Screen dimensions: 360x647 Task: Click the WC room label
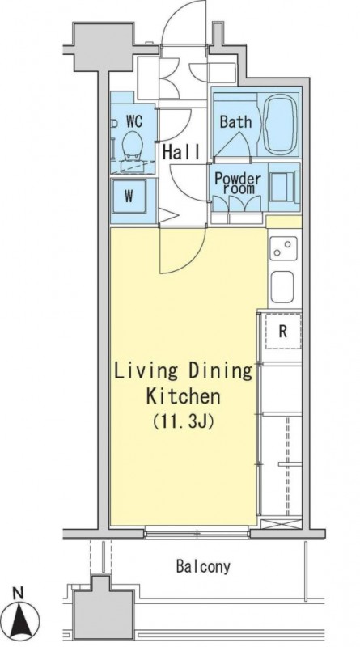(133, 121)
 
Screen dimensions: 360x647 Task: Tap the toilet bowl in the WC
(133, 145)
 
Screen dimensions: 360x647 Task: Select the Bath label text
(235, 121)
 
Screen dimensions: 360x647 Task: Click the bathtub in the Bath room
(281, 123)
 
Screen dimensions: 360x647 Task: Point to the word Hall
(181, 152)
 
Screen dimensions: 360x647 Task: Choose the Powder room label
(238, 184)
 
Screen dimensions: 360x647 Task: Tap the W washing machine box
(129, 196)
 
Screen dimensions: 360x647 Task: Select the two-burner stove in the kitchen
(284, 247)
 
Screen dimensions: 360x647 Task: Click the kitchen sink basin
(282, 287)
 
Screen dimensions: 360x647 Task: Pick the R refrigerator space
(283, 332)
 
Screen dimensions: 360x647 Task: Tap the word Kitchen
(183, 397)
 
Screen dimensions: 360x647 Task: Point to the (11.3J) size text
(183, 421)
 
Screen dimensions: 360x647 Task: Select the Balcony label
(203, 567)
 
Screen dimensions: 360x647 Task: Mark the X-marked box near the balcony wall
(282, 524)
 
